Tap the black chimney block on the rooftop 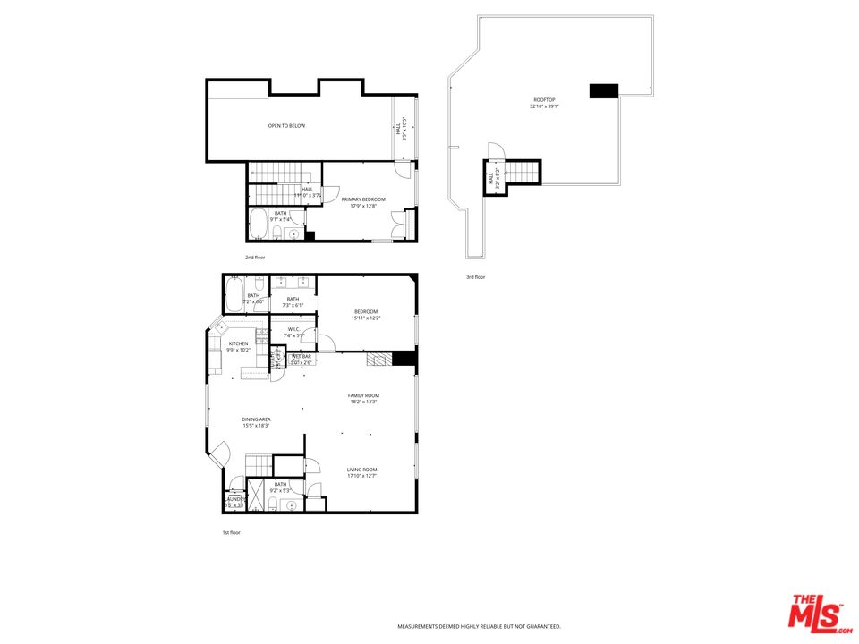pos(604,90)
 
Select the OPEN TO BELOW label pos(286,126)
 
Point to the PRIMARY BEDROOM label pos(363,199)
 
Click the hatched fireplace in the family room pos(380,359)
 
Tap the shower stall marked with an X pos(256,491)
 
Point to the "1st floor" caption pos(232,532)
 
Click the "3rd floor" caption pos(476,277)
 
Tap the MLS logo pos(816,613)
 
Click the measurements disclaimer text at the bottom pos(479,626)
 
